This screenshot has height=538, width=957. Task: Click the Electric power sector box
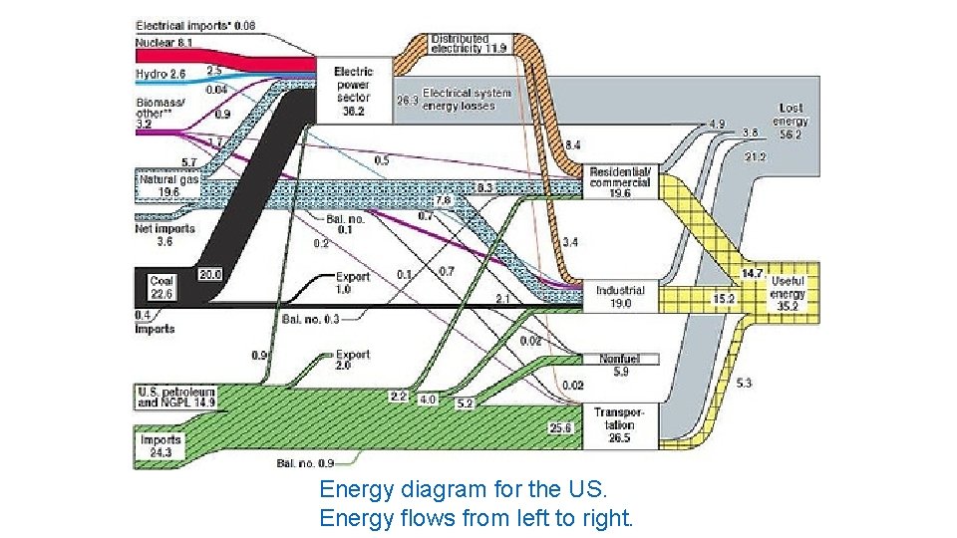click(353, 91)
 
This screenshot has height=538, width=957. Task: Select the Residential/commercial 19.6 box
click(620, 181)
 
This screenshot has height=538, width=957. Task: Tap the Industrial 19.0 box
click(620, 297)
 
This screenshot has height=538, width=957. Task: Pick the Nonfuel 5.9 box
click(620, 365)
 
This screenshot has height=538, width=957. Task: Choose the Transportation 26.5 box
click(620, 424)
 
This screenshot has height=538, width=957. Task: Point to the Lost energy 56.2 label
click(793, 121)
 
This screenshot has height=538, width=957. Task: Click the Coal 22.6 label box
click(161, 287)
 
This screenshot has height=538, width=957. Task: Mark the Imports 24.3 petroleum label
click(160, 444)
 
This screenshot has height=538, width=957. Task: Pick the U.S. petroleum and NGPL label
click(175, 397)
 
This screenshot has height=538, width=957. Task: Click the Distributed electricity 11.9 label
click(468, 42)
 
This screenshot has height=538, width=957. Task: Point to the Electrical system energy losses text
click(467, 99)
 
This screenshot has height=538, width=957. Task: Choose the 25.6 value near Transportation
click(561, 427)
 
